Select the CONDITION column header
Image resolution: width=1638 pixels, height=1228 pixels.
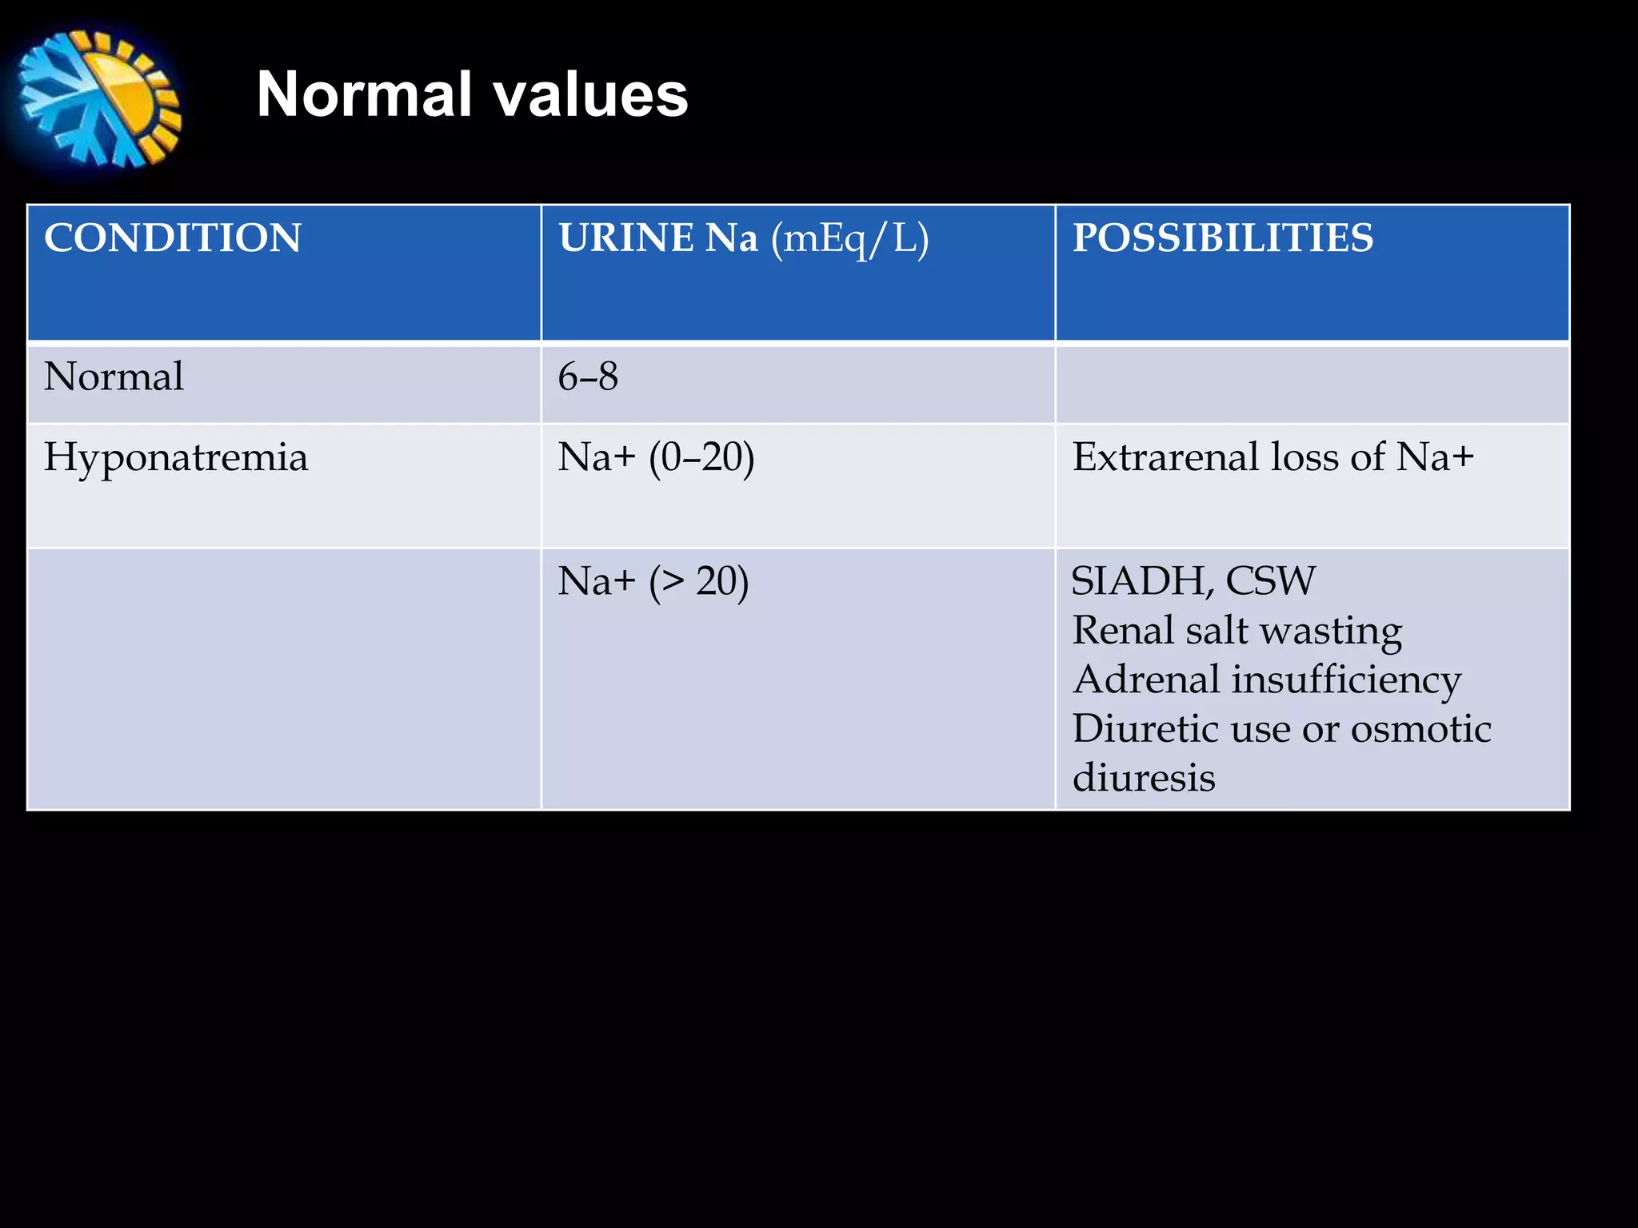[x=173, y=238]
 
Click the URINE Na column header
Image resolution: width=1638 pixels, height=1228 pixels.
[x=657, y=238]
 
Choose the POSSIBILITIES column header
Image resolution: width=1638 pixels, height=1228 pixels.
[x=1223, y=238]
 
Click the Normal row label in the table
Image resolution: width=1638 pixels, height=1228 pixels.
[x=114, y=377]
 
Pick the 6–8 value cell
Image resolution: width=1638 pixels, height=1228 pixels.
[x=588, y=377]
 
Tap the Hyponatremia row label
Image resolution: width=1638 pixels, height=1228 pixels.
[x=176, y=458]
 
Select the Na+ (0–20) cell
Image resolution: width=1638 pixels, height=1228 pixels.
[x=656, y=458]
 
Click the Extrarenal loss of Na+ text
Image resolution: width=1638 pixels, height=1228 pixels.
[x=1272, y=457]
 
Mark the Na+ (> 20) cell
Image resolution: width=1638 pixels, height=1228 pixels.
[x=653, y=581]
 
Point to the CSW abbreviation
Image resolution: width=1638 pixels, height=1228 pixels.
[x=1270, y=581]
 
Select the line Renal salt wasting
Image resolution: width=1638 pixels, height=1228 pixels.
[x=1236, y=631]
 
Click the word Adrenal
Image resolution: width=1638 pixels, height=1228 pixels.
[x=1145, y=680]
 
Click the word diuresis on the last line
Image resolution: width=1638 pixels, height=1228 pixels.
[x=1144, y=778]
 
